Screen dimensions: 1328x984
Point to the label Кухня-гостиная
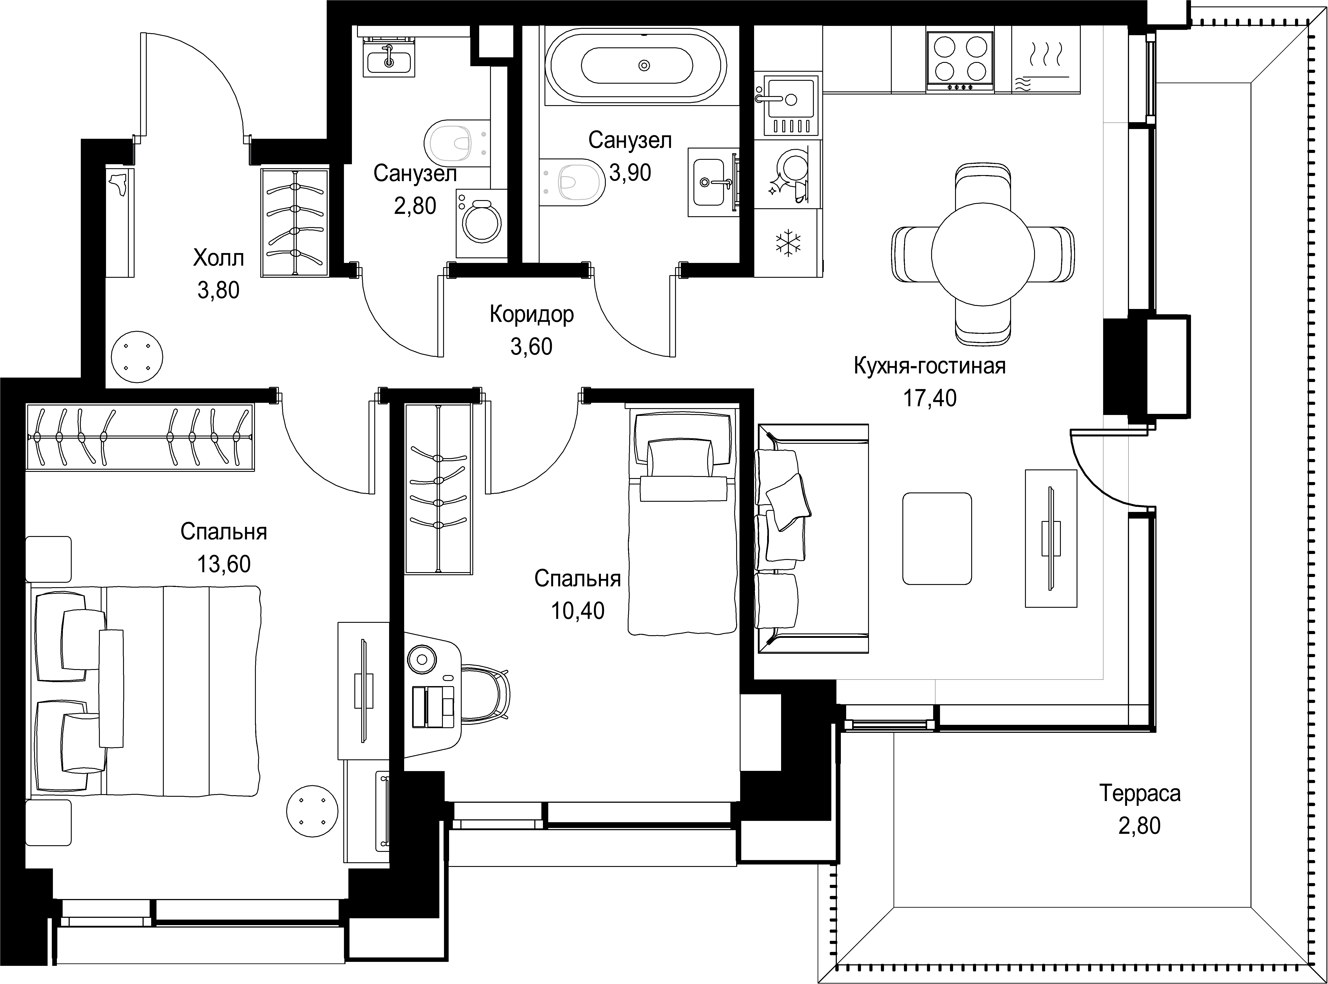(930, 366)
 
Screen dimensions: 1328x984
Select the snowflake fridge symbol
(787, 244)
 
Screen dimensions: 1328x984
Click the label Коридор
(531, 314)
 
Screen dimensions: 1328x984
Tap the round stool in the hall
(136, 357)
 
